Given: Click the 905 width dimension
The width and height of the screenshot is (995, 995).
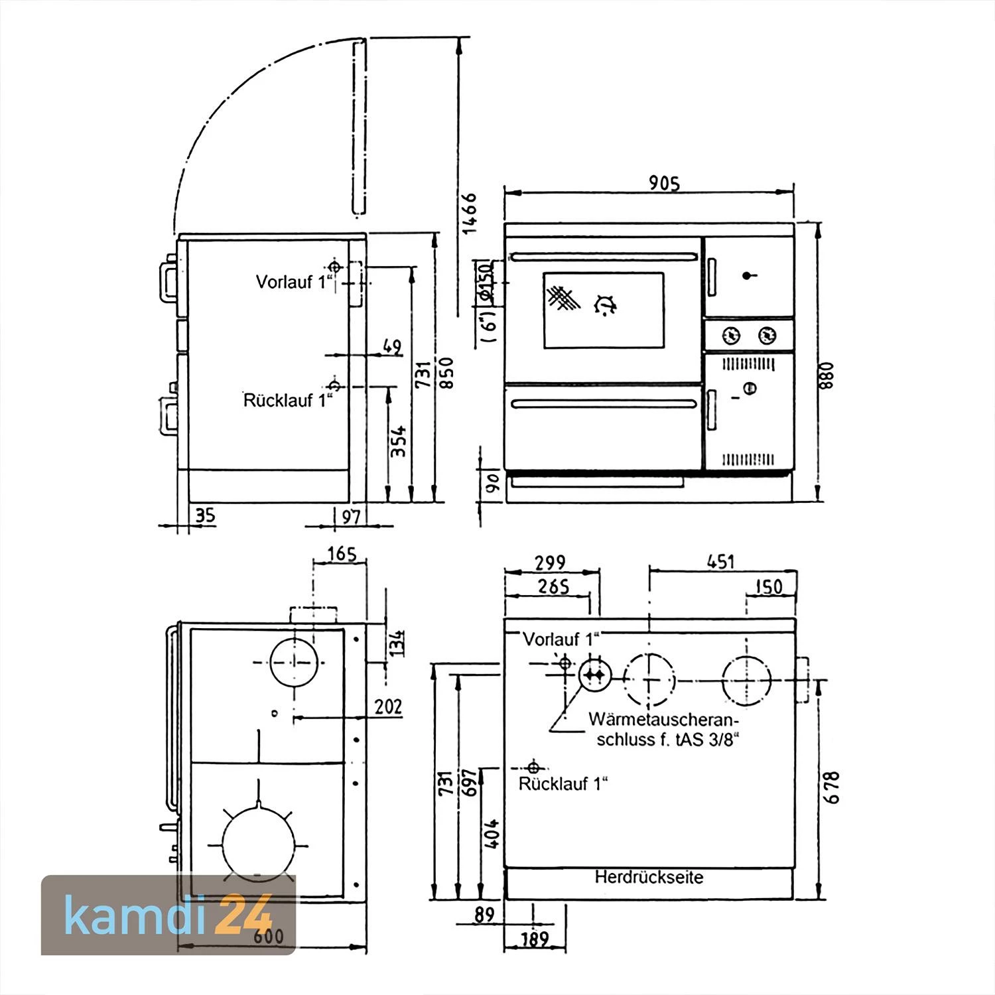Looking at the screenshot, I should (x=664, y=183).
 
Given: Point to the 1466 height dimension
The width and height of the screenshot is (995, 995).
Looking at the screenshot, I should (x=470, y=212).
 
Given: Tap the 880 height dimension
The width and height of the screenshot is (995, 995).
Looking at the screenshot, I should (x=827, y=375).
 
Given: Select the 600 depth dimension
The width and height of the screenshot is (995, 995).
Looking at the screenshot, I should (x=268, y=936).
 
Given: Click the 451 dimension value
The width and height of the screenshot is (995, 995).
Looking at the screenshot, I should (x=720, y=562).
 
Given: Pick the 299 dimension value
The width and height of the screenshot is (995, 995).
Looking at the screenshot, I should (x=550, y=563).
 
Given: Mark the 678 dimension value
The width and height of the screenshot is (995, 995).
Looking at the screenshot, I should (x=832, y=787).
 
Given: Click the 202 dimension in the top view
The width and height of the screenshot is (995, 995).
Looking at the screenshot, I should (x=388, y=706).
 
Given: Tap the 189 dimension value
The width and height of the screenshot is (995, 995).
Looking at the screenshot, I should (x=535, y=939).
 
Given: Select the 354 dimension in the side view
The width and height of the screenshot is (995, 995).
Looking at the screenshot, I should (x=398, y=441).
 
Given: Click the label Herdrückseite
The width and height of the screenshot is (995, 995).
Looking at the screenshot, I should (x=648, y=878).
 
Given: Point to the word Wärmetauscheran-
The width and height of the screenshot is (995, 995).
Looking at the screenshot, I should (x=663, y=720).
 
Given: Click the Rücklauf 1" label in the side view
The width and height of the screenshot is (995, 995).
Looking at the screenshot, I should (x=287, y=401).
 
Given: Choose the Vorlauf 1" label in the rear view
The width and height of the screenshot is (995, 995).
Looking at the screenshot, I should (x=561, y=639).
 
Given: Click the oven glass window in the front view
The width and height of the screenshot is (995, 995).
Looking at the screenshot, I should (x=603, y=310).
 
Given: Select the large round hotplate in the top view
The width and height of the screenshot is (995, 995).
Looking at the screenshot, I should (x=257, y=844).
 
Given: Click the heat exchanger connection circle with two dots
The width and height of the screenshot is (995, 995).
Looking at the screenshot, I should (x=594, y=675).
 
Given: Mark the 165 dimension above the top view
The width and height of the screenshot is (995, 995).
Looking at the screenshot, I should (x=342, y=553).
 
